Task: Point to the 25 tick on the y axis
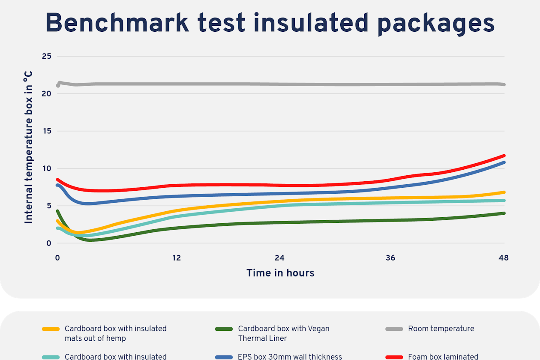(47, 56)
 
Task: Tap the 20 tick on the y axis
(47, 93)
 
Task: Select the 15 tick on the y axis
(47, 131)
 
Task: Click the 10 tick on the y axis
(47, 168)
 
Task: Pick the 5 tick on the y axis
(48, 206)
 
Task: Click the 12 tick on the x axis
(177, 258)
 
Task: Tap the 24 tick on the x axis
(279, 258)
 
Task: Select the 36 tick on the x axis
(390, 258)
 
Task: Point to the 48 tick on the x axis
(504, 258)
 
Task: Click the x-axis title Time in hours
(280, 273)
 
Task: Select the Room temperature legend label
(441, 329)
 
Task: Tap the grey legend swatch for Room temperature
(394, 329)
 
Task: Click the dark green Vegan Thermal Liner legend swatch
(224, 329)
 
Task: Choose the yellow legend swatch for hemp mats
(51, 329)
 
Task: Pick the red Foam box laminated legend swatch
(394, 357)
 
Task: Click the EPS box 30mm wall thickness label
(290, 357)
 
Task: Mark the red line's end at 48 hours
(504, 156)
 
